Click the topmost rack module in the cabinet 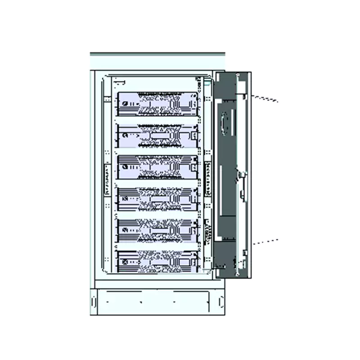coord(157,105)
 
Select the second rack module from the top coord(157,136)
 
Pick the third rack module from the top coord(157,168)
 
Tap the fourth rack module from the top coord(157,199)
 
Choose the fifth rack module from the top coord(157,231)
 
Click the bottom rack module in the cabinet coord(157,261)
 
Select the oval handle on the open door coord(225,121)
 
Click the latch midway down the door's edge coord(242,180)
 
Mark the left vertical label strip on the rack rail coord(107,179)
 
